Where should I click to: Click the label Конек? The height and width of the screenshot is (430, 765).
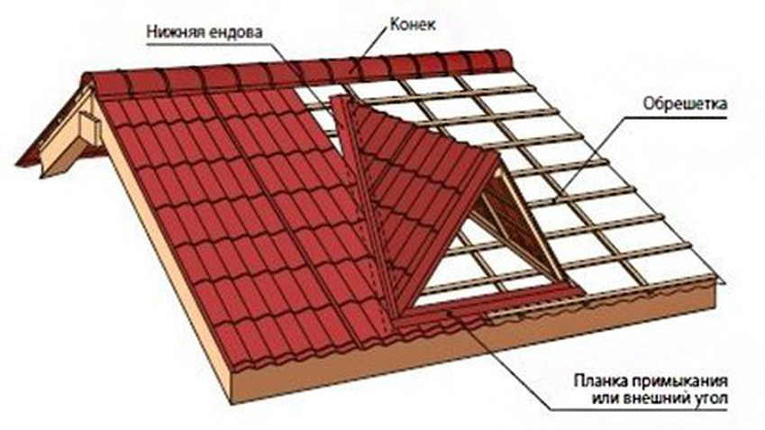[413, 24]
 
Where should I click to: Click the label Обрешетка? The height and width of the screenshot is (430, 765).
[685, 104]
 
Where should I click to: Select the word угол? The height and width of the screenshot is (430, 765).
[710, 398]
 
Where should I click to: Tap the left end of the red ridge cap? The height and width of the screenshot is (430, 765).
[87, 83]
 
